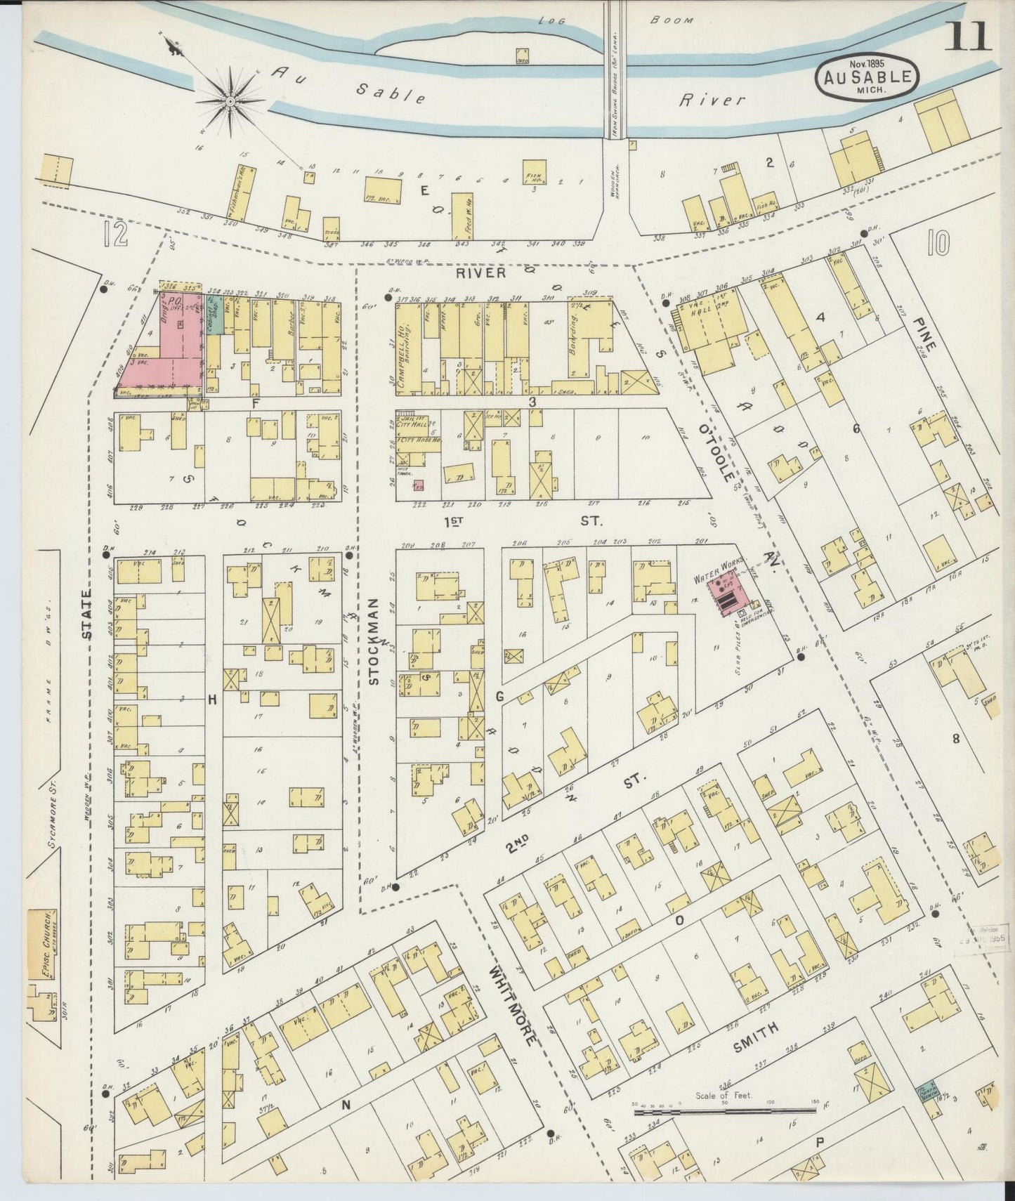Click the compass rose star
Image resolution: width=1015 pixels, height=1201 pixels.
click(x=230, y=102)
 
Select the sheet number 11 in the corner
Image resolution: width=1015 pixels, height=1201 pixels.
click(x=968, y=37)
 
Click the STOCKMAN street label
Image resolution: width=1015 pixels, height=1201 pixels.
click(x=374, y=641)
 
